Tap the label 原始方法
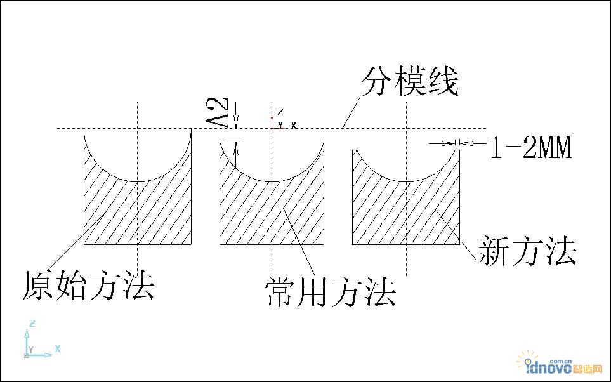tap(89, 284)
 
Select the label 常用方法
tap(331, 293)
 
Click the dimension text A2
tap(217, 113)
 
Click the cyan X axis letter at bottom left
tap(58, 348)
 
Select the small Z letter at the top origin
tap(280, 112)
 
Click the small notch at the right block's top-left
tap(357, 152)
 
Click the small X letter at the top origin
tap(294, 124)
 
